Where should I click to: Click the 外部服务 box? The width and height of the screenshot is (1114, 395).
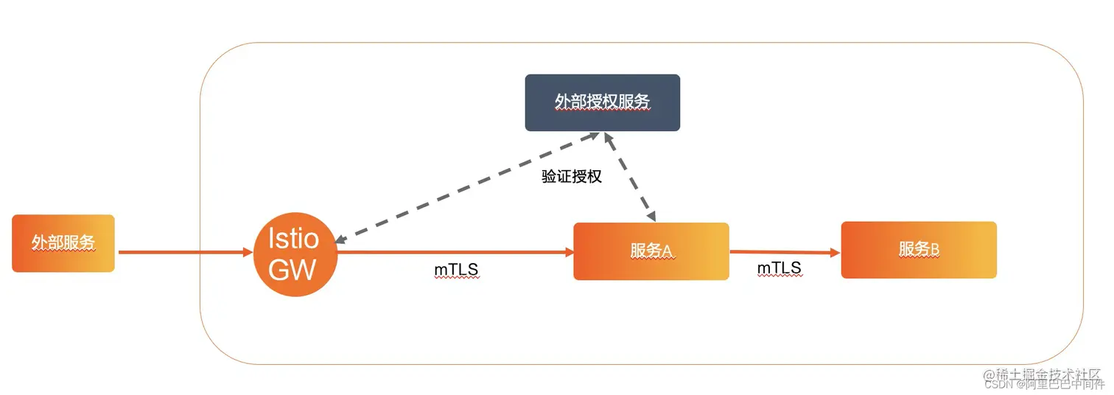click(63, 243)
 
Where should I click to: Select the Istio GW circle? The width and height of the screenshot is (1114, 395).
click(295, 254)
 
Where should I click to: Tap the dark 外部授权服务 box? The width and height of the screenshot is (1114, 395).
click(602, 102)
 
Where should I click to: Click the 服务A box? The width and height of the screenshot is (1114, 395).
click(651, 251)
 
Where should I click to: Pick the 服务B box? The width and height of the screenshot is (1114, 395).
click(918, 250)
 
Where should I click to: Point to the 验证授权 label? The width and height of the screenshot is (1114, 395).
click(572, 177)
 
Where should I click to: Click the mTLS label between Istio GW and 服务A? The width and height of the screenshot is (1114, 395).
click(456, 270)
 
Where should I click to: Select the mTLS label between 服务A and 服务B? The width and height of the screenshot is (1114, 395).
click(779, 269)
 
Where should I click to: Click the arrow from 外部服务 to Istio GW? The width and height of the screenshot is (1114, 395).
click(184, 252)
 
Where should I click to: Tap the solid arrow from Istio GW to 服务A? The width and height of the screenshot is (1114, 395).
click(453, 252)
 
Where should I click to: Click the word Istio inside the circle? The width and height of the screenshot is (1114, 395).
click(293, 239)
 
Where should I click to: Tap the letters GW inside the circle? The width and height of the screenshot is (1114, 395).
click(292, 270)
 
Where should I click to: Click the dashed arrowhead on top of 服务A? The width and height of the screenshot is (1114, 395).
click(651, 216)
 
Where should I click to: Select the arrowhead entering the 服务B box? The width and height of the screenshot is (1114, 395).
click(835, 253)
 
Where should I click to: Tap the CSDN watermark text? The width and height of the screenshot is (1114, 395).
click(999, 384)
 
